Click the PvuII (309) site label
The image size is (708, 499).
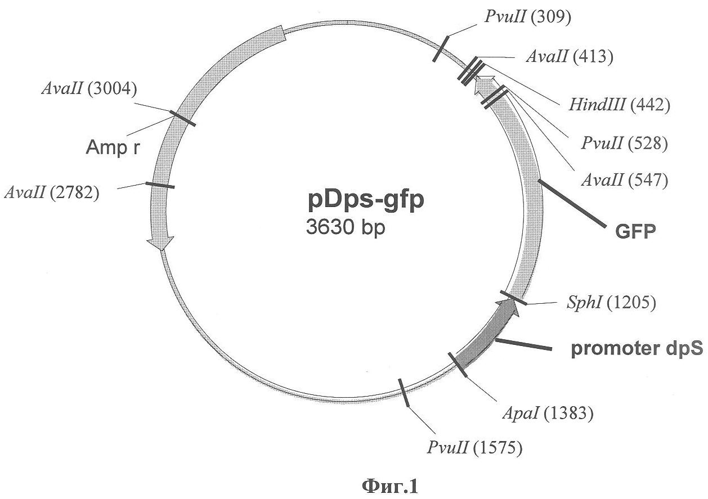tap(528, 16)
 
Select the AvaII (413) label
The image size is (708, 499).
tap(570, 57)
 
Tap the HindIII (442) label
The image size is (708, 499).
tap(619, 104)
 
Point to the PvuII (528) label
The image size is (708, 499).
tap(624, 143)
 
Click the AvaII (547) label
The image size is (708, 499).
tap(625, 180)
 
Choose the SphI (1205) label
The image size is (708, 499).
tap(611, 302)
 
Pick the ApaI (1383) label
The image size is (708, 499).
tap(548, 413)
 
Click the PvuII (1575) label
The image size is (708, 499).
tap(474, 447)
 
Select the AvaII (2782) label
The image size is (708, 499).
tap(52, 192)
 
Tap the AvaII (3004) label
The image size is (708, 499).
tap(89, 88)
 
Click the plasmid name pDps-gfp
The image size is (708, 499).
tap(366, 200)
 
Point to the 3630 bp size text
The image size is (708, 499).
tap(346, 227)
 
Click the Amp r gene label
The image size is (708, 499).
tap(113, 147)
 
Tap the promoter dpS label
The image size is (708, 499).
tap(637, 349)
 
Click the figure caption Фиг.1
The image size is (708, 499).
tap(389, 487)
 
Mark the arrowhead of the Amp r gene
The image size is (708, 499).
tap(160, 243)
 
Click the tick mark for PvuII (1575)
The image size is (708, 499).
tap(404, 393)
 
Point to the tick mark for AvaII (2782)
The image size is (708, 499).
tap(160, 186)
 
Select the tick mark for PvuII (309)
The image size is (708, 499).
tap(441, 49)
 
